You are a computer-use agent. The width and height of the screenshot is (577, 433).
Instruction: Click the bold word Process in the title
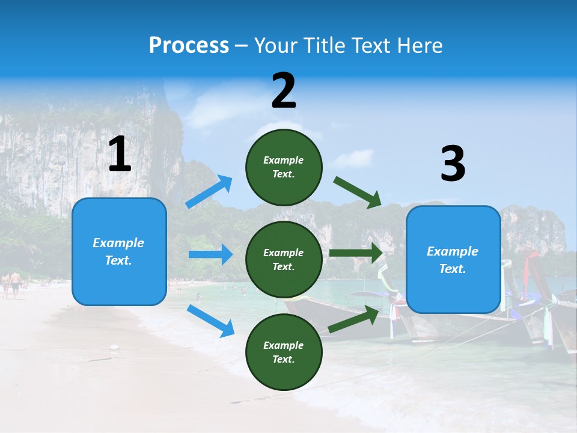coord(189,46)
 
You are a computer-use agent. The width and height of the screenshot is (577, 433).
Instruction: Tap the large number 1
coord(120,155)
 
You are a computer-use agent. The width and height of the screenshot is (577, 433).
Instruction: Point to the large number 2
coord(284,91)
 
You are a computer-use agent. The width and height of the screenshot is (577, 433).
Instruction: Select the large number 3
coord(453,164)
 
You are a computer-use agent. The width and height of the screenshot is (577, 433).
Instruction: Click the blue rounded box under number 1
coord(119,251)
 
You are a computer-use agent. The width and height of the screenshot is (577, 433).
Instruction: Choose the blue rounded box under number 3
coord(453,260)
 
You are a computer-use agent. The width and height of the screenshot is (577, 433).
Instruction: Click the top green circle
coord(284,167)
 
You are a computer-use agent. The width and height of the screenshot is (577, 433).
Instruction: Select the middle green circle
coord(284,259)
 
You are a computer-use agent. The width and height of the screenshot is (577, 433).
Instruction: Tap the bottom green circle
coord(284,352)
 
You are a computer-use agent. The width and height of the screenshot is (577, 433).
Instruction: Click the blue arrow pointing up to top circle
coord(210,192)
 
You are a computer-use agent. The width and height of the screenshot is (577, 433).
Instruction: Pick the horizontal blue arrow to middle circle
coord(210,254)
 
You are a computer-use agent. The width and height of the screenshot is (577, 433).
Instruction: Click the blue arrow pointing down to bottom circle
coord(210,321)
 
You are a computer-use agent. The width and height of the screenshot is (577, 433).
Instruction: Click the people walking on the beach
coord(11,284)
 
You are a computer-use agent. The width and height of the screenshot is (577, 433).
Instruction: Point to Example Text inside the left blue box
coord(118,251)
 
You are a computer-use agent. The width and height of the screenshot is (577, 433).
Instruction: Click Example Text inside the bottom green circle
coord(284,352)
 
